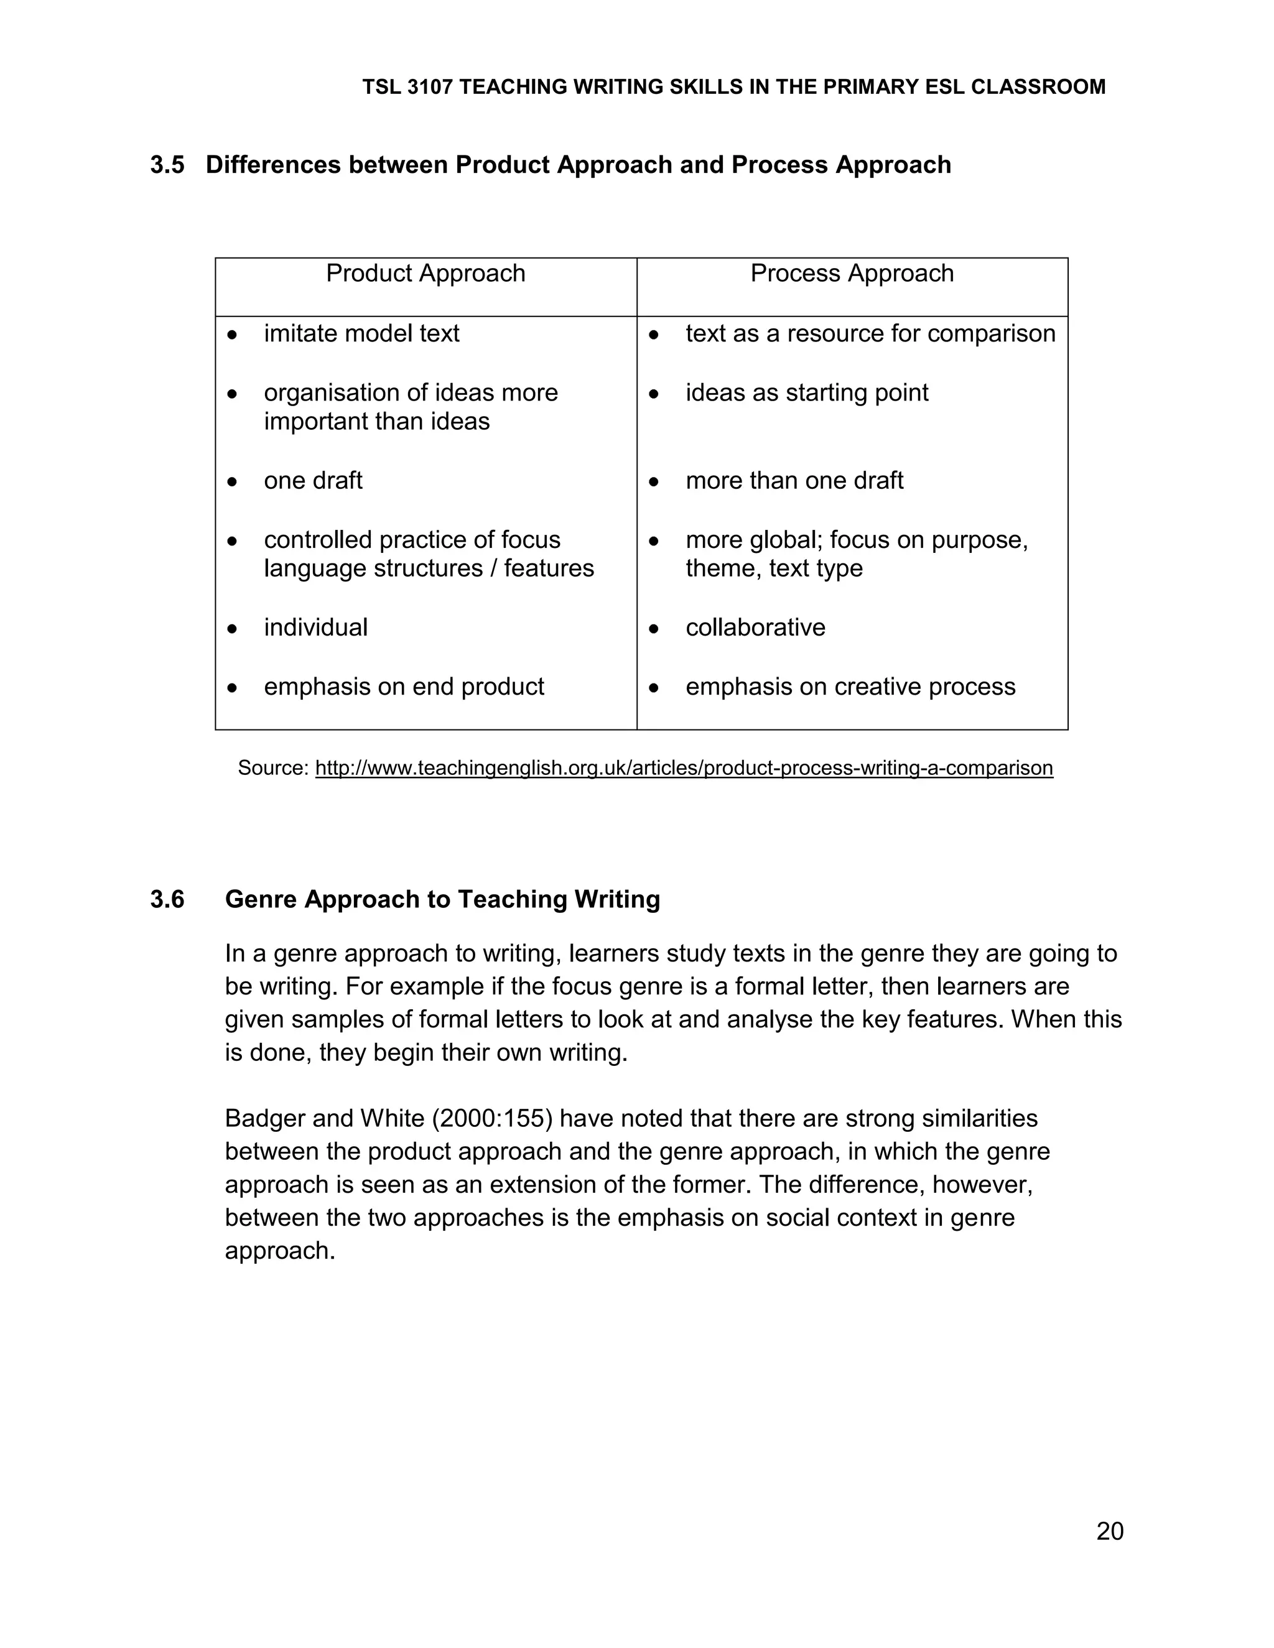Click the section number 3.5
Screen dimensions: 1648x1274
coord(167,165)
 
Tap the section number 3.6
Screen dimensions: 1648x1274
coord(167,899)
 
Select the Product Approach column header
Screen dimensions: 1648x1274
coord(425,273)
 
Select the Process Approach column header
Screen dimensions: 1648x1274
coord(852,273)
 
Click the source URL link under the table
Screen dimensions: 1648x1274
coord(683,768)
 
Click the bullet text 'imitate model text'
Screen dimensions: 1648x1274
coord(361,333)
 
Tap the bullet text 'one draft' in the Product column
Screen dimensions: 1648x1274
coord(314,481)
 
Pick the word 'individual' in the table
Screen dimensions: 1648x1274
coord(315,628)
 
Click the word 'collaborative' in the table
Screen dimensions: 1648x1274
coord(755,628)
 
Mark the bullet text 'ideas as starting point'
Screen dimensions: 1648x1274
coord(806,393)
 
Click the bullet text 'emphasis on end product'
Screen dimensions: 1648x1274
coord(404,687)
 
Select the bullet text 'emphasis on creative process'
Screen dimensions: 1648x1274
coord(850,687)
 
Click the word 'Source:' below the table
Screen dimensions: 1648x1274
coord(273,768)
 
